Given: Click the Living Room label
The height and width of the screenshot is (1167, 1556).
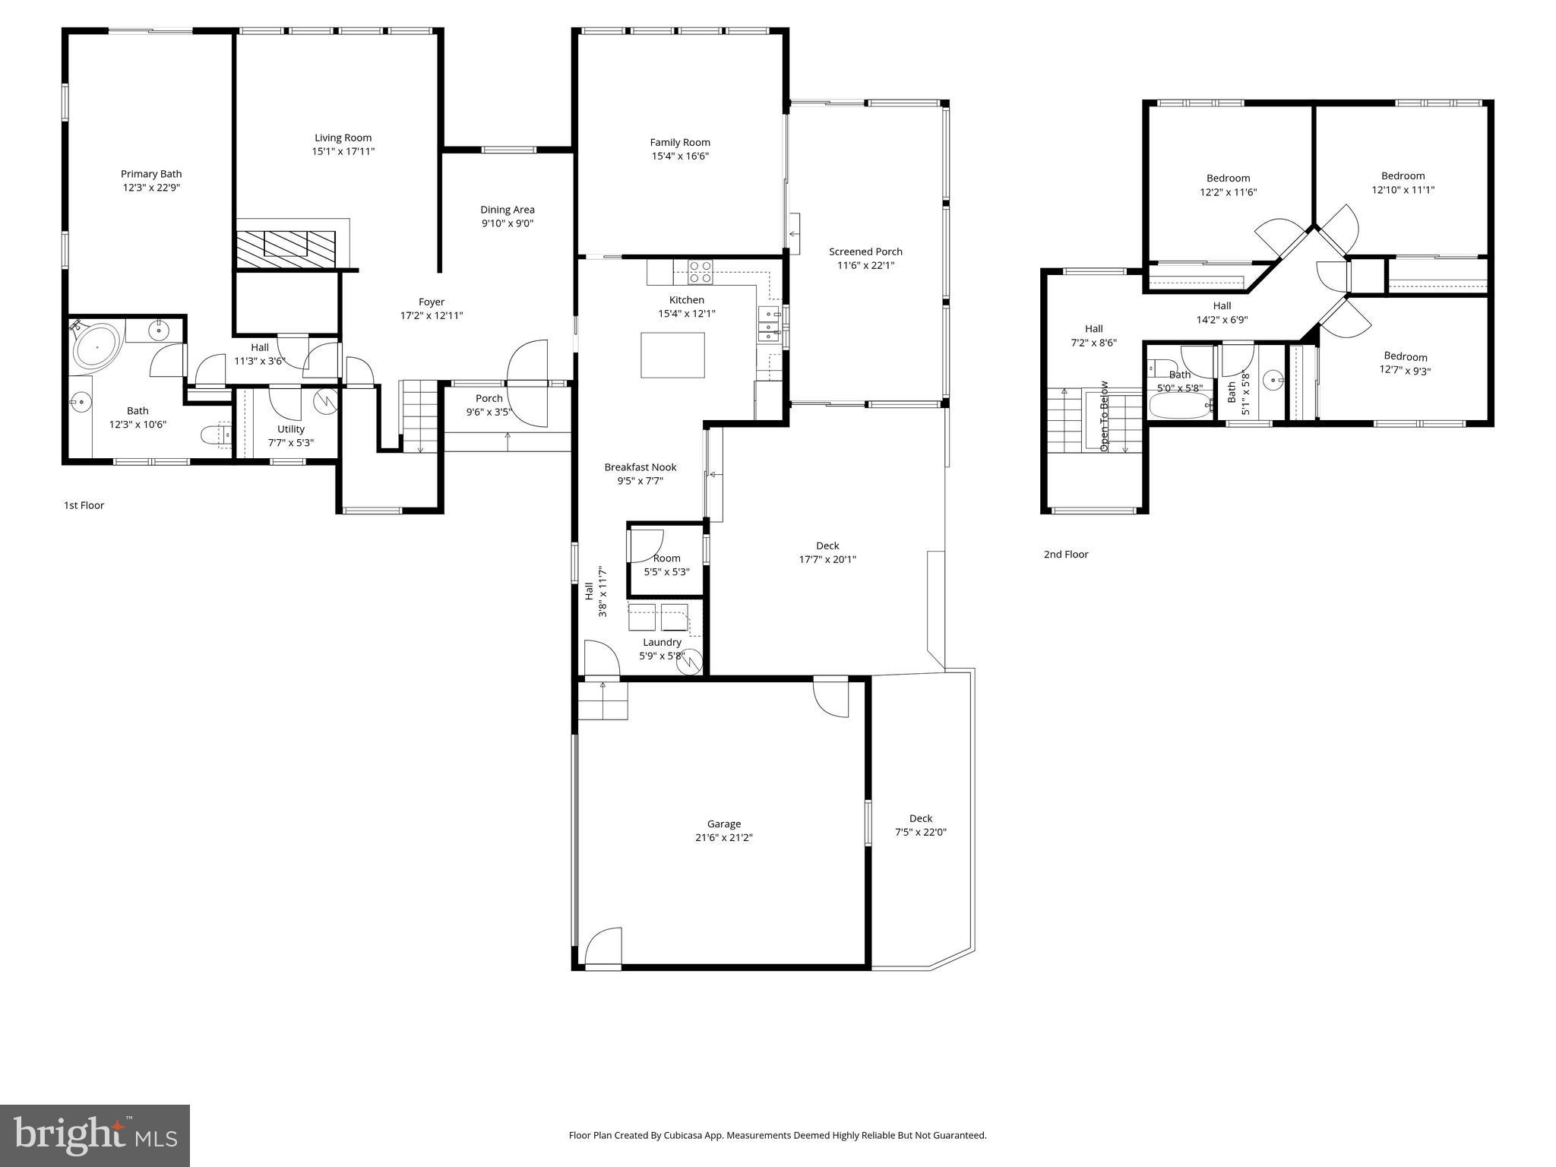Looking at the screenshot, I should tap(343, 138).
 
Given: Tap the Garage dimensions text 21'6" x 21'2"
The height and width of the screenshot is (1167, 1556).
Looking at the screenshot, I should tap(723, 838).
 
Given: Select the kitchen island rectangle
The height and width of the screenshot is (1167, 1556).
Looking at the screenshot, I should tap(672, 355).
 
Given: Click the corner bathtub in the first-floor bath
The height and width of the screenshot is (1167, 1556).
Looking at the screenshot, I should tap(97, 346).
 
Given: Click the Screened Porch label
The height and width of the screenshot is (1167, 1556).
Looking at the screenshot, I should tap(865, 251).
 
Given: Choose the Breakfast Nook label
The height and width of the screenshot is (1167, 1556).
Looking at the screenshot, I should tap(640, 467).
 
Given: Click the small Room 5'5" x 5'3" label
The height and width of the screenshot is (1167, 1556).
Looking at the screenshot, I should tap(666, 558).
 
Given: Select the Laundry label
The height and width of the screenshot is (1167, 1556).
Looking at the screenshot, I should tap(662, 642).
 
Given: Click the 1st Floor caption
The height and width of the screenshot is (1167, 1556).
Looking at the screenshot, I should tap(84, 505).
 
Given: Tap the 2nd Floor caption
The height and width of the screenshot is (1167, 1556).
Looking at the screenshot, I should tap(1065, 555).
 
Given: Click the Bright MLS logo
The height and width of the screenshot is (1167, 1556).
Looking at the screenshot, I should tap(95, 1135).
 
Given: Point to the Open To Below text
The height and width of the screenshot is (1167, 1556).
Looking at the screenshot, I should tap(1104, 416).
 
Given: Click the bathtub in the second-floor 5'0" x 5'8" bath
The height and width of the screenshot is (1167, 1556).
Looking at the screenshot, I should tap(1181, 405).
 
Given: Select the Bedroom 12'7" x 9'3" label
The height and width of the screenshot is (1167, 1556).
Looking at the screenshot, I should tap(1405, 356).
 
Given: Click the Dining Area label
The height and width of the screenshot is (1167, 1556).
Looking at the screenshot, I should tap(507, 210).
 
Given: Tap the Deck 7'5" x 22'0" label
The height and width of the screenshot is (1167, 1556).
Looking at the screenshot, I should tap(920, 818).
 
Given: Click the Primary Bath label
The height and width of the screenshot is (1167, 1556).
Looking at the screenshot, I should tap(151, 174).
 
